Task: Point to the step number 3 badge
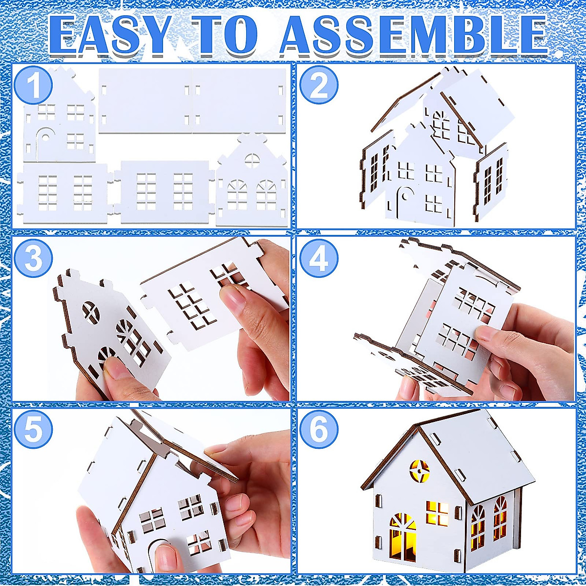(33, 259)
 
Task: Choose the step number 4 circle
(319, 259)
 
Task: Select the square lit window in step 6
(437, 513)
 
